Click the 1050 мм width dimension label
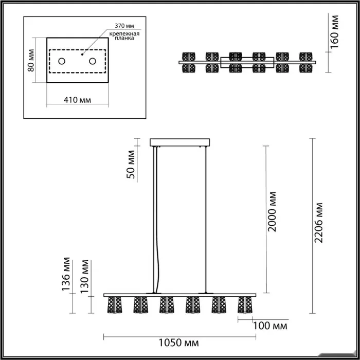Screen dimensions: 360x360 click(178, 343)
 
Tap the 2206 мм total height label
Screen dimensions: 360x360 click(319, 223)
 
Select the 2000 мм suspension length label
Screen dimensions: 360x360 click(272, 211)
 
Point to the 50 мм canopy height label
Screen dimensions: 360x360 click(131, 165)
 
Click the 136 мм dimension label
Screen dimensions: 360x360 click(66, 274)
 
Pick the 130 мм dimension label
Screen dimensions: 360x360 click(84, 277)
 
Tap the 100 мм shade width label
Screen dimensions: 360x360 click(270, 326)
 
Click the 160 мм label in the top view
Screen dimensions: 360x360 click(334, 32)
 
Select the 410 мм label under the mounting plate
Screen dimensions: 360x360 click(77, 100)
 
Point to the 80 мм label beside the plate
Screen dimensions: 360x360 click(31, 60)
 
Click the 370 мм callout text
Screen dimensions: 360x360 click(124, 26)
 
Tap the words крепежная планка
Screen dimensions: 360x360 click(124, 36)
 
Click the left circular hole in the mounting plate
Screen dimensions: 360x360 click(62, 61)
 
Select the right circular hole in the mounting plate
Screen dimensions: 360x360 click(93, 61)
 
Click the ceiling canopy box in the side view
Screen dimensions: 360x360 click(180, 142)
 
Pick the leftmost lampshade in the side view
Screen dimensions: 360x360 click(115, 305)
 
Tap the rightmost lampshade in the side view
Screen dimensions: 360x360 click(245, 305)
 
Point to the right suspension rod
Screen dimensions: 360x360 click(206, 220)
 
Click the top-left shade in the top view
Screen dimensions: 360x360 click(189, 57)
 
